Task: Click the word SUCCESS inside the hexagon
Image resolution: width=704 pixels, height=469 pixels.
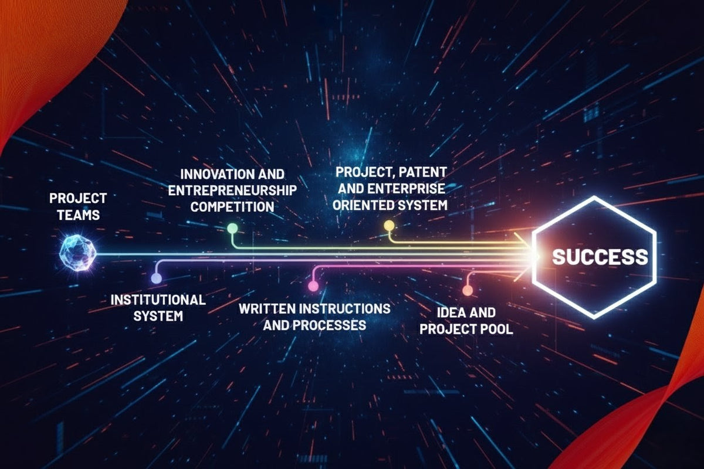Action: click(x=600, y=257)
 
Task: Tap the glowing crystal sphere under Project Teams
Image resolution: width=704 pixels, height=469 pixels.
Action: click(x=77, y=253)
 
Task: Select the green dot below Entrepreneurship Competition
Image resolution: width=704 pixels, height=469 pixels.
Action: click(x=232, y=228)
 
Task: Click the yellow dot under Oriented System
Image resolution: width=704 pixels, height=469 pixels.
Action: click(x=388, y=225)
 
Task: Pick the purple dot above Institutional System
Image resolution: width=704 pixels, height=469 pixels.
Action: click(x=156, y=278)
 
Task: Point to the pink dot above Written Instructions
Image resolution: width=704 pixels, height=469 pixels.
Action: click(x=313, y=286)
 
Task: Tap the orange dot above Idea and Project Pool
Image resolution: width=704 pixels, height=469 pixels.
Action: click(x=468, y=290)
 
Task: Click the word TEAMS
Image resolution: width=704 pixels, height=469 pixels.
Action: click(x=75, y=215)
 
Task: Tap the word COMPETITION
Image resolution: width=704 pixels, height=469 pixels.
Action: click(x=232, y=207)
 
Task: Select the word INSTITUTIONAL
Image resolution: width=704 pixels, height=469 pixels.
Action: click(x=158, y=300)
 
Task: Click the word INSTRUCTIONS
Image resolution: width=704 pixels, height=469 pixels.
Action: click(x=346, y=308)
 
